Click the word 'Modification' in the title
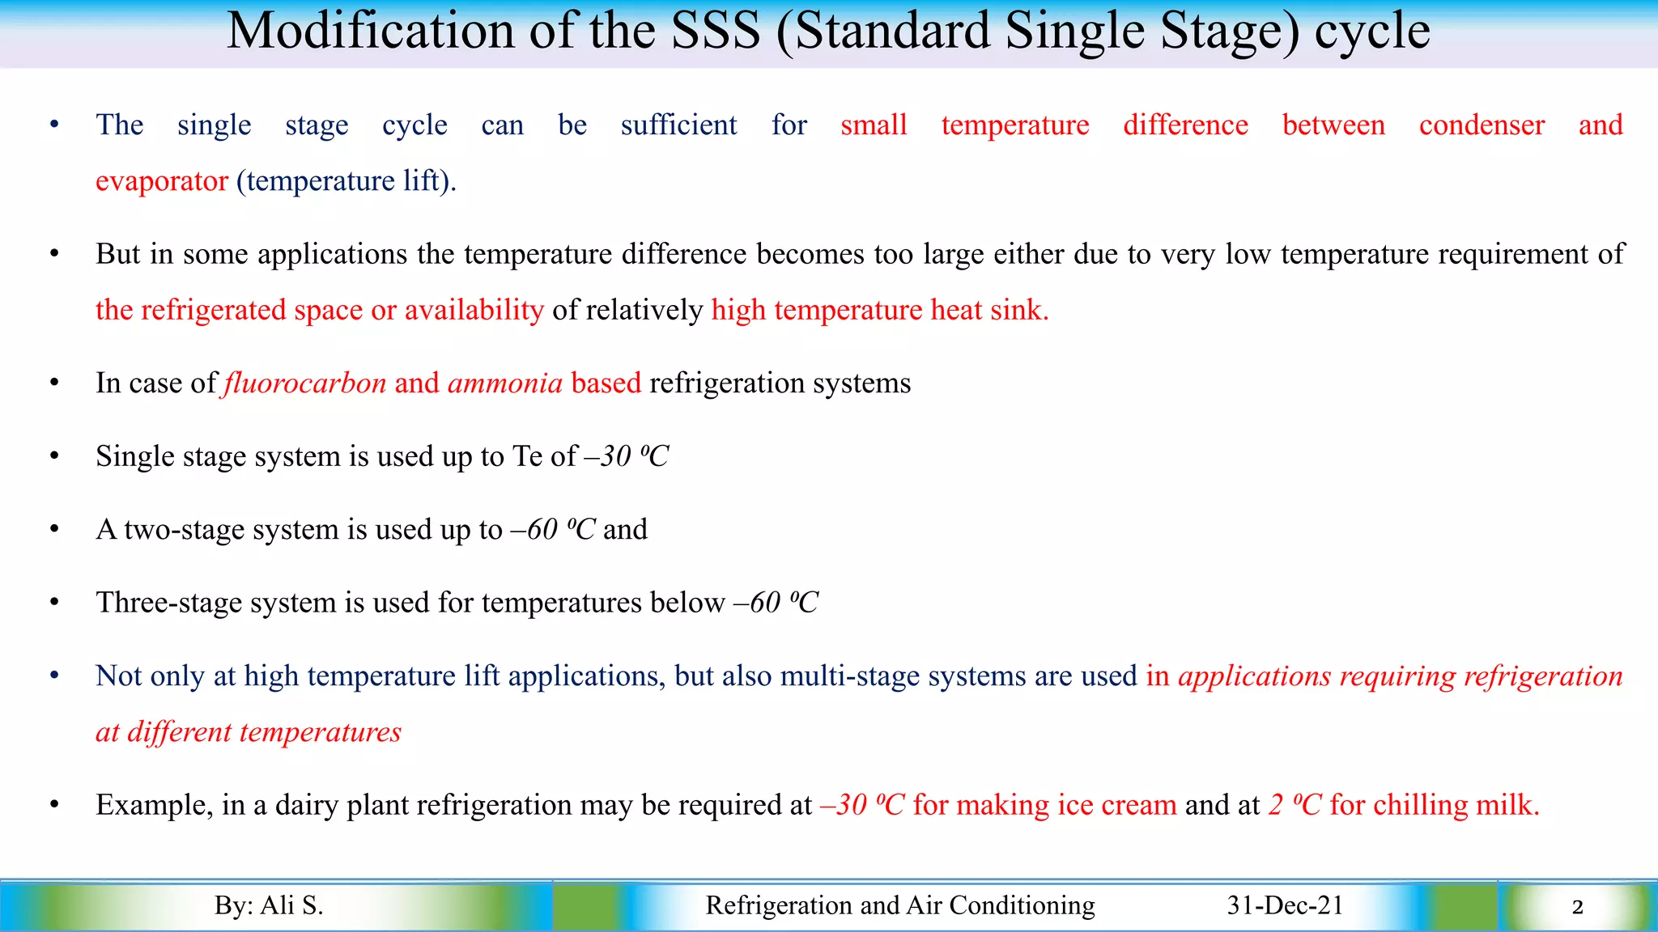372,32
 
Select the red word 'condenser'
1481,125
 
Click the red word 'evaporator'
161,181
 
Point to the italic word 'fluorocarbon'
305,383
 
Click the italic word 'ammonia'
504,383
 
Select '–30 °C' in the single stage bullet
627,456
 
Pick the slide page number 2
1577,907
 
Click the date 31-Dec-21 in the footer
1285,905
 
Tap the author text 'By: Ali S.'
269,905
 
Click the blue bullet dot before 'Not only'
54,676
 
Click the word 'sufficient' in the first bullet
678,125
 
